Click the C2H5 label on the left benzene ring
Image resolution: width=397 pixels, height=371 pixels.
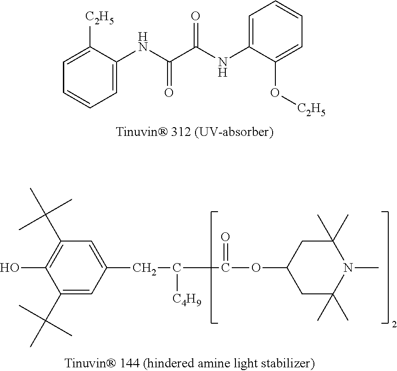(x=99, y=19)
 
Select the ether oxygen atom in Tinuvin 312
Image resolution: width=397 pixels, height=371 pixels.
(x=275, y=93)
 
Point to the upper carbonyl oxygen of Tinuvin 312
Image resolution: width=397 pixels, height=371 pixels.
(x=196, y=17)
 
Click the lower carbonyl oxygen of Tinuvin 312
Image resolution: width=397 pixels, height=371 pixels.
(x=169, y=93)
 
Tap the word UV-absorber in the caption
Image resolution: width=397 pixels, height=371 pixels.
(x=243, y=133)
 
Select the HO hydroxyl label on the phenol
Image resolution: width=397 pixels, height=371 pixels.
(x=10, y=268)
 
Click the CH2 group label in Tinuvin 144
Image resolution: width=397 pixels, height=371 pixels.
(x=144, y=268)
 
